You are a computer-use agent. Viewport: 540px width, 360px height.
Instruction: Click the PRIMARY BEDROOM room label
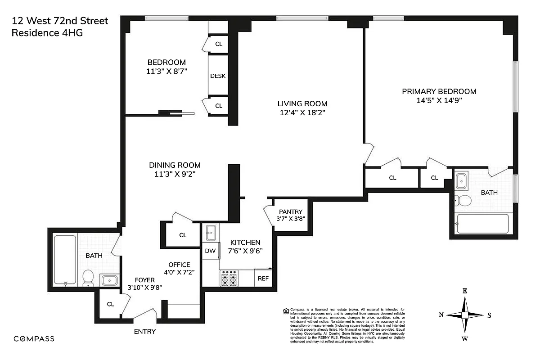[439, 91]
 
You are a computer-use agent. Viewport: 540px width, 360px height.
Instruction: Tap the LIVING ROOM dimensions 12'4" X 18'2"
[302, 113]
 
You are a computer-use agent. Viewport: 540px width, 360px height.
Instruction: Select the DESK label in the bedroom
[218, 76]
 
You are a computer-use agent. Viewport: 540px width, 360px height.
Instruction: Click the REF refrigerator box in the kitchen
[263, 278]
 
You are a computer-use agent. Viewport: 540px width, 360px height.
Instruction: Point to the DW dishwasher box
[210, 251]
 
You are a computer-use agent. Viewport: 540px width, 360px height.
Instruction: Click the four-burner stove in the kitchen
[229, 278]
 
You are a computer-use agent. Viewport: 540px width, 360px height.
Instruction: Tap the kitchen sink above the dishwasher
[210, 233]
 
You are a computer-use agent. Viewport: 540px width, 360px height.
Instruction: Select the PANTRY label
[291, 212]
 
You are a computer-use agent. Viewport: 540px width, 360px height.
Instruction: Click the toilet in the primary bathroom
[463, 200]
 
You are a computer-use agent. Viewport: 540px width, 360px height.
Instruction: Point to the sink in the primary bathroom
[461, 182]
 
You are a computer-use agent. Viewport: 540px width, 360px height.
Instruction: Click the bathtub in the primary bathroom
[482, 224]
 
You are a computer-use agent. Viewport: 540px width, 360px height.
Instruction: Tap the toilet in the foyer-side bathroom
[88, 277]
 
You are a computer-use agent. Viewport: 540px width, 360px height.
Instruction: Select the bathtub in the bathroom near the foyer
[65, 260]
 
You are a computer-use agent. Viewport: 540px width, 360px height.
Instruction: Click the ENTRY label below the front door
[145, 332]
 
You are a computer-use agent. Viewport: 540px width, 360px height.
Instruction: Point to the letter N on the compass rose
[441, 315]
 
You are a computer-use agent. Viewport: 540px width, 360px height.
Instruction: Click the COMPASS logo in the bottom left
[34, 339]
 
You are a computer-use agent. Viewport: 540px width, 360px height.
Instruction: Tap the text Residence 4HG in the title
[47, 32]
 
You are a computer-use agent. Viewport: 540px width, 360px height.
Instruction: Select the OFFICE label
[179, 265]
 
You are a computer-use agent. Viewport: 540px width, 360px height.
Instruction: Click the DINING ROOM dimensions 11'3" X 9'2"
[175, 175]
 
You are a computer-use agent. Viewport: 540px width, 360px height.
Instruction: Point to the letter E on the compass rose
[465, 291]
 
